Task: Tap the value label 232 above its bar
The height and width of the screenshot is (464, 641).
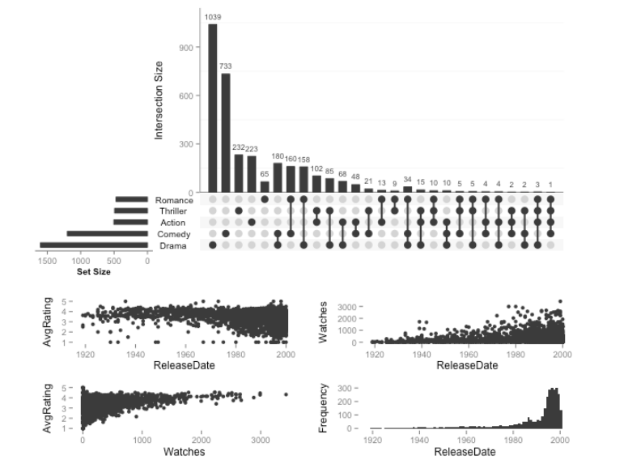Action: click(x=238, y=147)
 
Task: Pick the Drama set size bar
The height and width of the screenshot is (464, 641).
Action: click(x=94, y=245)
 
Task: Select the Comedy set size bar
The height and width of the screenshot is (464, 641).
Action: click(x=108, y=233)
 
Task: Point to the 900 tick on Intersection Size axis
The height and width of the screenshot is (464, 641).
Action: click(x=185, y=47)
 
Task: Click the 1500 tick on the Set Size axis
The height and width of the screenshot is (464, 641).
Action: click(x=47, y=261)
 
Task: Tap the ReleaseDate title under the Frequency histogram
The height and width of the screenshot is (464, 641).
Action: click(x=466, y=451)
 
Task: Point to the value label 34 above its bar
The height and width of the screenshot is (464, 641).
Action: click(x=407, y=179)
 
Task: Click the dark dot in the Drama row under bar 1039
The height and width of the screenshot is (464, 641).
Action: click(x=213, y=245)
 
